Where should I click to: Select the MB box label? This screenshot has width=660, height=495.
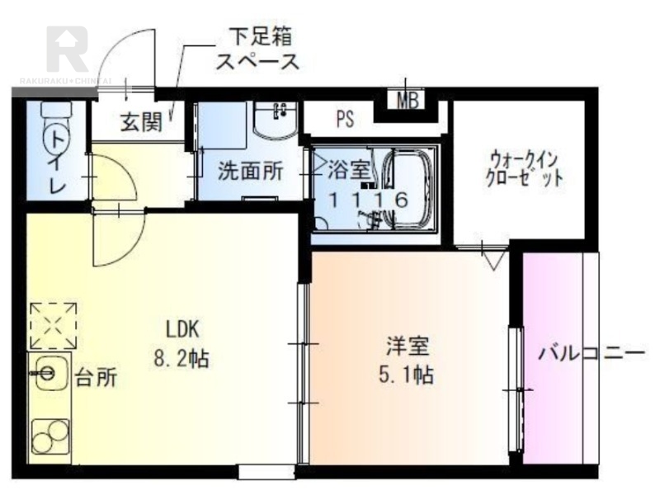pos(408,101)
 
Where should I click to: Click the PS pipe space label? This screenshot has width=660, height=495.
pos(345,119)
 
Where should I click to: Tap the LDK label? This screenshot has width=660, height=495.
pos(182,330)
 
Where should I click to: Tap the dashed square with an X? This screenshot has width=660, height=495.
pos(54,326)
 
